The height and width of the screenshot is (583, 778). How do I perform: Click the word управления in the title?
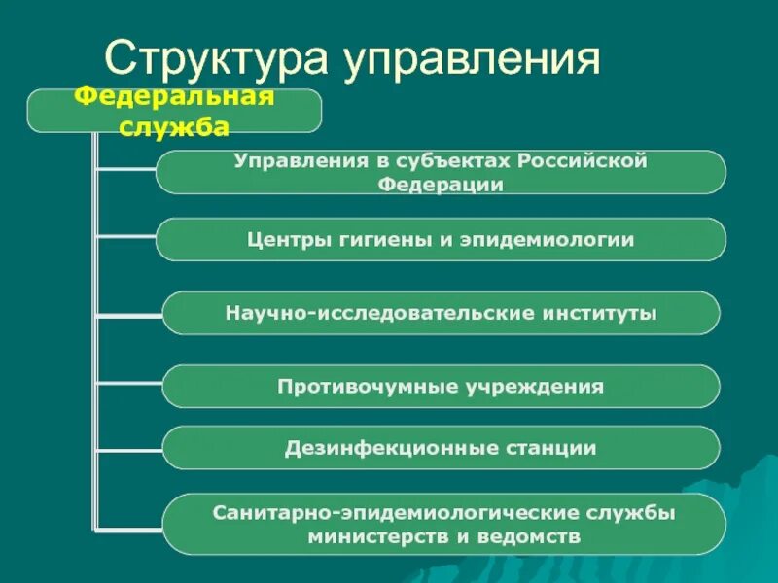pyautogui.click(x=469, y=59)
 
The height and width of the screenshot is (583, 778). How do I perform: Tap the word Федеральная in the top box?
pyautogui.click(x=175, y=97)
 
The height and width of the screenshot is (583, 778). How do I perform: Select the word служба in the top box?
pyautogui.click(x=175, y=126)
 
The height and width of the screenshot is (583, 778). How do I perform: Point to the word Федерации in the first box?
pyautogui.click(x=441, y=184)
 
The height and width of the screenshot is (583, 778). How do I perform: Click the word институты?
pyautogui.click(x=601, y=313)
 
